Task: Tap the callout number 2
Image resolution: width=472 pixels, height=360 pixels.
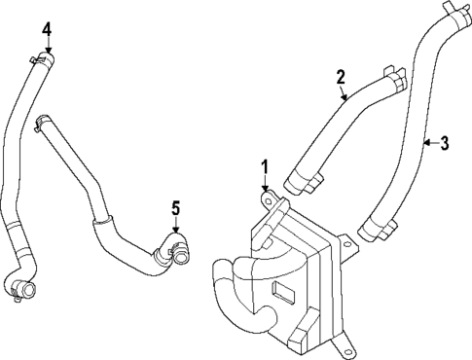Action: click(342, 76)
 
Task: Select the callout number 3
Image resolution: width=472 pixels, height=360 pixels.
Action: click(444, 144)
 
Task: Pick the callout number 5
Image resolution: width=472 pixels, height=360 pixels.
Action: click(175, 206)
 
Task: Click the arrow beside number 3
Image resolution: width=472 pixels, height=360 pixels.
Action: click(428, 144)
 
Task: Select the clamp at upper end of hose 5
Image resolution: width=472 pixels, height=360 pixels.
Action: click(41, 122)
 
